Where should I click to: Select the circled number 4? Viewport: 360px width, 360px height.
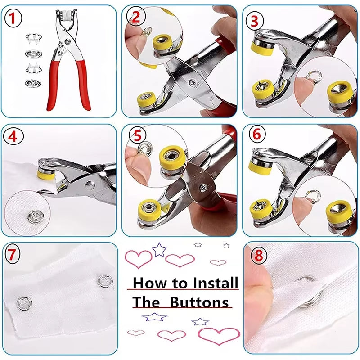pyautogui.click(x=13, y=137)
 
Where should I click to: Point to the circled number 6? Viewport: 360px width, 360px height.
pyautogui.click(x=256, y=134)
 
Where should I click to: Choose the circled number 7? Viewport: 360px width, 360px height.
pyautogui.click(x=13, y=256)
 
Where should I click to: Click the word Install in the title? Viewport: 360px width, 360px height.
pyautogui.click(x=215, y=283)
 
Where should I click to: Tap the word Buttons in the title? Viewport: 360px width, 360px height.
pyautogui.click(x=199, y=302)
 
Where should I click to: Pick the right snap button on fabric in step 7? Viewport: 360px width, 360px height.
pyautogui.click(x=104, y=281)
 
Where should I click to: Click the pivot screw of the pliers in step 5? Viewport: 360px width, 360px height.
pyautogui.click(x=203, y=186)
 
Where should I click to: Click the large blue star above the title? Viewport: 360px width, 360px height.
pyautogui.click(x=159, y=249)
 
